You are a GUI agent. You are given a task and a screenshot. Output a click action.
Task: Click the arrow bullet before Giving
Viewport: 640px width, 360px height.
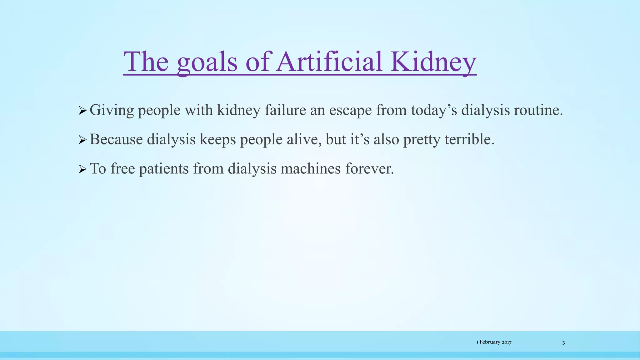pyautogui.click(x=82, y=110)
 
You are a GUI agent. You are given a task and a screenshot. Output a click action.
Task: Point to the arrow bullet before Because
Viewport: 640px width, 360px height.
pyautogui.click(x=82, y=140)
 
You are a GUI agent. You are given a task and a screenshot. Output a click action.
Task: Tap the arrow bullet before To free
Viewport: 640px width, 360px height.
pyautogui.click(x=82, y=169)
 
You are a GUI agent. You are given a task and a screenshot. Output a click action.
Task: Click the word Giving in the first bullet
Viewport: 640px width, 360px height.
pyautogui.click(x=112, y=110)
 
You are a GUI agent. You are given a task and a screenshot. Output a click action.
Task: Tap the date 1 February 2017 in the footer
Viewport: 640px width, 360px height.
pyautogui.click(x=494, y=342)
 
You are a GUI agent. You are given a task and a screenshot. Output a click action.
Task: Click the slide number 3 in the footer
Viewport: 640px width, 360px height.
pyautogui.click(x=563, y=343)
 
